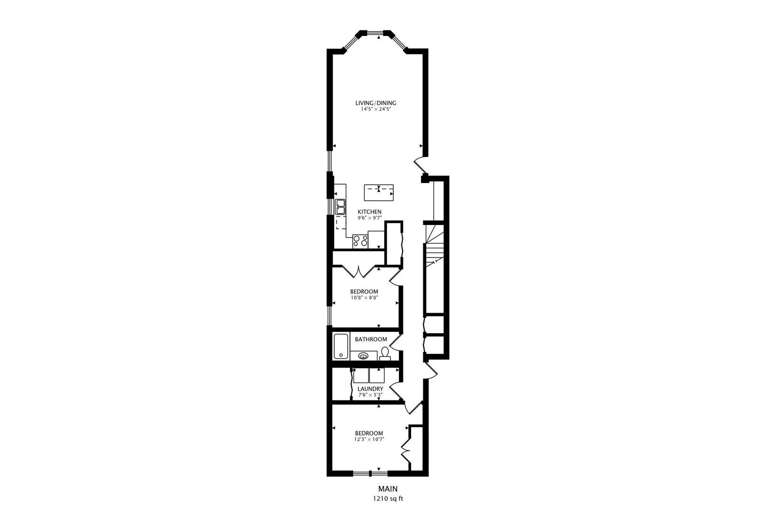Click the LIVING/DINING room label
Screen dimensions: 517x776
376,103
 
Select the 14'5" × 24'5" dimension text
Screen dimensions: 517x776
376,109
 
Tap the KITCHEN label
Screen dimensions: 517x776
370,212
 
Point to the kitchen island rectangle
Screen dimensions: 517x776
379,193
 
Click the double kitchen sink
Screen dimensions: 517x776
340,206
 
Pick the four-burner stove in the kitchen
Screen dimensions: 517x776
360,241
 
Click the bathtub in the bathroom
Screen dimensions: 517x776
341,346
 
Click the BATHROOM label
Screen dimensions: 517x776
371,339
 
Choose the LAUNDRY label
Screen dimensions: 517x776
370,389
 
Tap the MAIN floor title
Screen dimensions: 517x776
388,489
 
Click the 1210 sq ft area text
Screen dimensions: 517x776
388,498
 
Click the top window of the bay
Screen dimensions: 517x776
375,33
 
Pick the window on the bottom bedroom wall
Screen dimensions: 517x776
370,474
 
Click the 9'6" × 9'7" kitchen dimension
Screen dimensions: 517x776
370,218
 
